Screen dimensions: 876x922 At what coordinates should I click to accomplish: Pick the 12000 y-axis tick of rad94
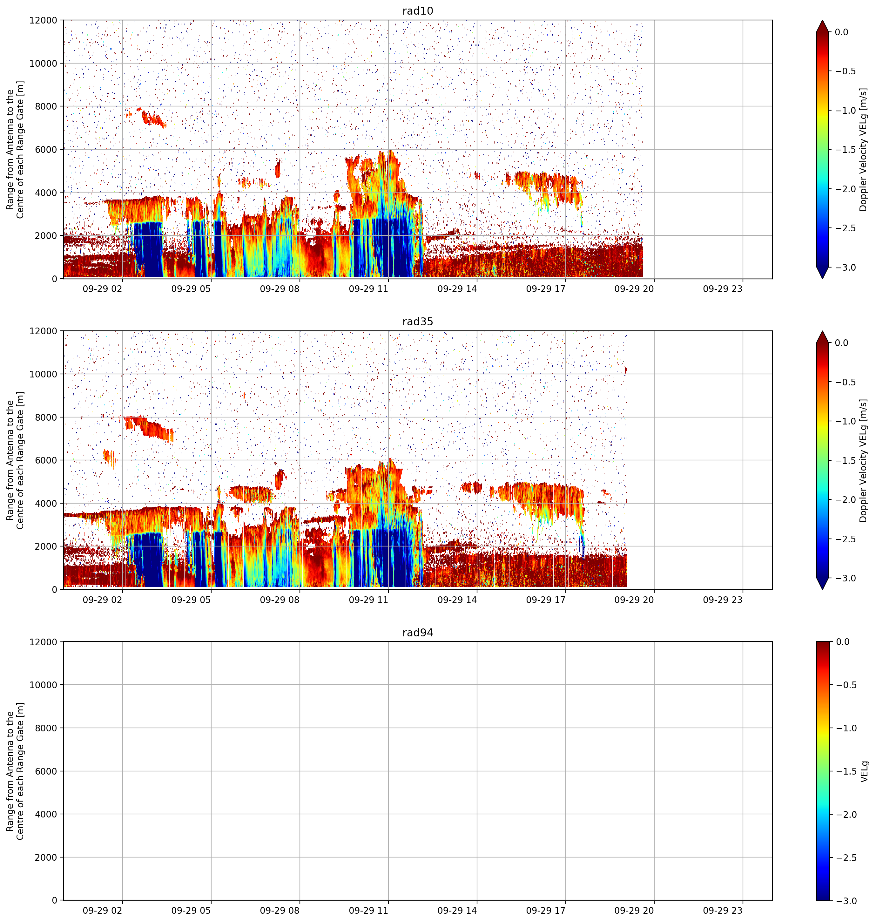click(43, 642)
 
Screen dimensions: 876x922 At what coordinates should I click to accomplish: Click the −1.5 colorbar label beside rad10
click(845, 149)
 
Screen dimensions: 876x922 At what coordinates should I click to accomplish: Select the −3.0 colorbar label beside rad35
click(845, 578)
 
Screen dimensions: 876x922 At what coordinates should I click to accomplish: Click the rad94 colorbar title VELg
click(864, 771)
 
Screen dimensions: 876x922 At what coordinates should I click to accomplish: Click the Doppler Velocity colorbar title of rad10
click(863, 149)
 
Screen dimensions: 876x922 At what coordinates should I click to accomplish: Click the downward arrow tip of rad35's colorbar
click(822, 589)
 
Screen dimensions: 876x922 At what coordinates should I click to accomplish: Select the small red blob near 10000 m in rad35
click(626, 370)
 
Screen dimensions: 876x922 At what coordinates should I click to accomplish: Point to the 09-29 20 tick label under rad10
click(634, 289)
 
